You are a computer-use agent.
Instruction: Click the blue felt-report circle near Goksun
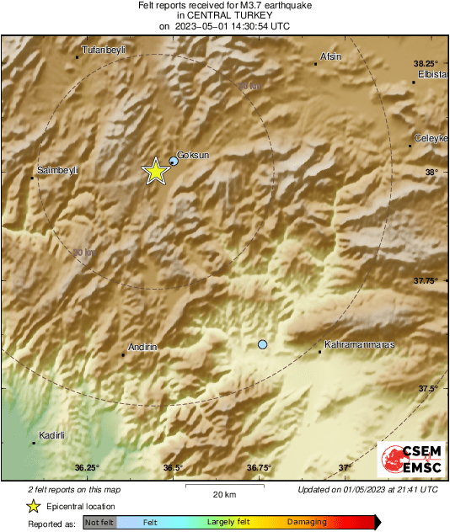tap(174, 160)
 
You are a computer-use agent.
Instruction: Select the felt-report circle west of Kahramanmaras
tap(263, 345)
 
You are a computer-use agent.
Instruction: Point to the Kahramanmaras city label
tap(360, 344)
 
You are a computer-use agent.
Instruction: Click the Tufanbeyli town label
tap(104, 50)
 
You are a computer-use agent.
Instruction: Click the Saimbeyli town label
tap(58, 170)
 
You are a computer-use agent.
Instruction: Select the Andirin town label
tap(142, 347)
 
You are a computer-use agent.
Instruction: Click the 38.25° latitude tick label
tap(426, 63)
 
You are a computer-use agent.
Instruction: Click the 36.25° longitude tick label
tap(86, 467)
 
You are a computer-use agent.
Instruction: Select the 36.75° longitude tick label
tap(259, 467)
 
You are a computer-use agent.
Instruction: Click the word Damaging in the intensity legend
tap(307, 523)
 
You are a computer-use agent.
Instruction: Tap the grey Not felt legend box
tap(99, 523)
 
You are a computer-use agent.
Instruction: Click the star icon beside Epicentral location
tap(33, 506)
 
